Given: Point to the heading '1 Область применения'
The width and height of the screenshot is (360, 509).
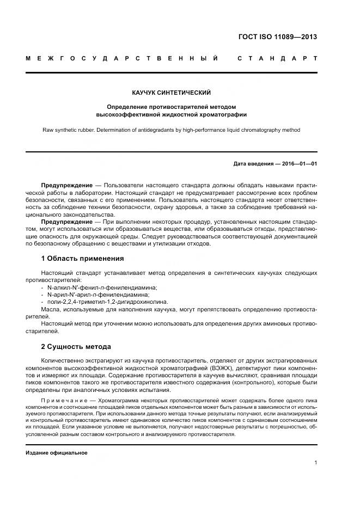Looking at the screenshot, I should click(83, 258).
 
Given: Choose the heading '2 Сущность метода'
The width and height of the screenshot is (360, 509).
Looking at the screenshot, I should click(76, 346).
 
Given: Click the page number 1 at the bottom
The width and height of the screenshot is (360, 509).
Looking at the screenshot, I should click(315, 462).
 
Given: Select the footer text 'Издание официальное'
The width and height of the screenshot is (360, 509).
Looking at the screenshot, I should click(56, 453).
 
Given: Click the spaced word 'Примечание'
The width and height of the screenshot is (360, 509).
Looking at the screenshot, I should click(61, 400).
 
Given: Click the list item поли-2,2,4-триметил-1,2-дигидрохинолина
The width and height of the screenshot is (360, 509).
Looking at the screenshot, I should click(108, 302).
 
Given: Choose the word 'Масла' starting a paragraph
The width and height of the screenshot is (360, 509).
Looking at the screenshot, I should click(50, 309).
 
